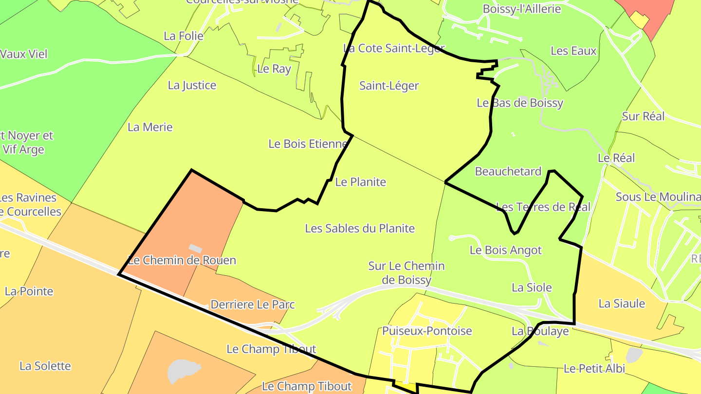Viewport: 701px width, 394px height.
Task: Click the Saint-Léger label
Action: [389, 86]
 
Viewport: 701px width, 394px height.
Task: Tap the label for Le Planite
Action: [361, 182]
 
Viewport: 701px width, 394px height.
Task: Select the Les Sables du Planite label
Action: [360, 228]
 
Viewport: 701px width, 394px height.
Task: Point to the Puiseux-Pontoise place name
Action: [427, 331]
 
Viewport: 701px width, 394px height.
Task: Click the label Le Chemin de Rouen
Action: [182, 260]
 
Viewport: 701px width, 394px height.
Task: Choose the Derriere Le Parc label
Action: [253, 304]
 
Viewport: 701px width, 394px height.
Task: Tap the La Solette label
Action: [45, 366]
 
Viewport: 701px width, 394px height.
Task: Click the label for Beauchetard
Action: [508, 171]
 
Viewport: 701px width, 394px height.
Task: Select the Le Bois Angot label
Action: [505, 250]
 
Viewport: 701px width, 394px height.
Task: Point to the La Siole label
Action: [532, 287]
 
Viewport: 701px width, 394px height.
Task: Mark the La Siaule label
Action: [622, 304]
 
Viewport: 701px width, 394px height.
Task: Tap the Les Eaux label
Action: [573, 51]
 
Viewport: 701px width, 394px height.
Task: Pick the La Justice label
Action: [192, 85]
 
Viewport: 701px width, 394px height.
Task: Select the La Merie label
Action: [150, 127]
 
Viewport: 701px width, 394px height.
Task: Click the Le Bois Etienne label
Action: [308, 144]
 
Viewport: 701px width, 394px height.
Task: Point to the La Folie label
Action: [184, 36]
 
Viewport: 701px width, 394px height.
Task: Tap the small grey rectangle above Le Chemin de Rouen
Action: [195, 248]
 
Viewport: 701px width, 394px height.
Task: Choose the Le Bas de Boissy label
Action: [520, 103]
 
